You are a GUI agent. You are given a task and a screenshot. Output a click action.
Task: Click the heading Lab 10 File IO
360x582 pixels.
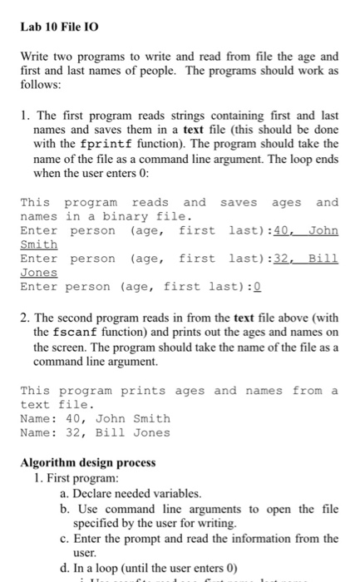point(56,27)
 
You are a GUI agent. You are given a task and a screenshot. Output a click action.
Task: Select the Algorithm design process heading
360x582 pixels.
point(87,462)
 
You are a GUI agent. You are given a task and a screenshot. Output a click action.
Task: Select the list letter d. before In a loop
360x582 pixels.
point(66,568)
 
